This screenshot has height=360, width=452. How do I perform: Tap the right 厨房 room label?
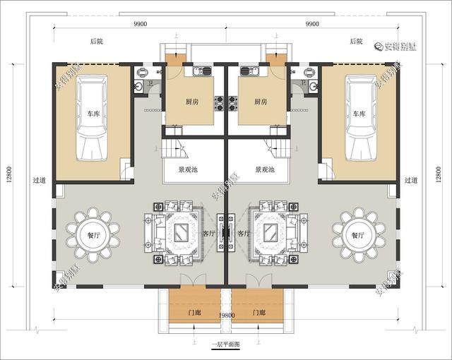click(x=259, y=102)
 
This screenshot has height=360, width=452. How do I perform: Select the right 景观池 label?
click(x=264, y=169)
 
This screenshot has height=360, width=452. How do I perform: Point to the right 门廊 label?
click(x=257, y=312)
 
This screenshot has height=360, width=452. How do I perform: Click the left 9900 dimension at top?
click(x=140, y=24)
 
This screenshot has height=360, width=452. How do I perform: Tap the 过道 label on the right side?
click(x=411, y=181)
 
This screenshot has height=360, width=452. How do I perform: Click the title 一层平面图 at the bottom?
click(x=226, y=345)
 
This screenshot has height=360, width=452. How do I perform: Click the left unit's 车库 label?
click(x=94, y=113)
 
